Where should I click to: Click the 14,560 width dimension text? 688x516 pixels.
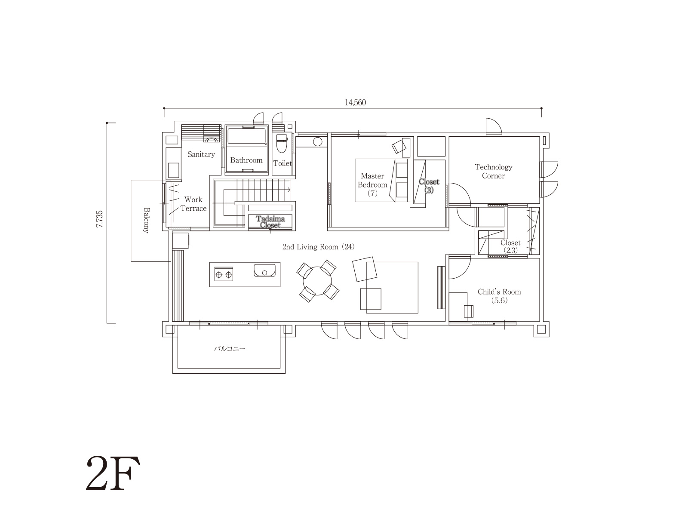pyautogui.click(x=355, y=103)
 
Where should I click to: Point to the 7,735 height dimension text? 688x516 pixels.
pyautogui.click(x=99, y=219)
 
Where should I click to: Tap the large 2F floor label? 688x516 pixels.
pyautogui.click(x=113, y=473)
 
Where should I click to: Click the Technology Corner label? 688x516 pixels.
pyautogui.click(x=493, y=172)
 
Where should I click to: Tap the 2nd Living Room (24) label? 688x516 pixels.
pyautogui.click(x=319, y=247)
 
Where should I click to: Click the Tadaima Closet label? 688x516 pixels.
pyautogui.click(x=270, y=222)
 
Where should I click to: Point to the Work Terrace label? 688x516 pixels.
pyautogui.click(x=193, y=204)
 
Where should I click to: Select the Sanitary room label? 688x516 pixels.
pyautogui.click(x=201, y=154)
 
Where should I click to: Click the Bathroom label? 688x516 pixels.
pyautogui.click(x=246, y=160)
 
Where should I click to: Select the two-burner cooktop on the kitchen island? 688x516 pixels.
pyautogui.click(x=224, y=274)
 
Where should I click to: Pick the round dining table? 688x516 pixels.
pyautogui.click(x=317, y=281)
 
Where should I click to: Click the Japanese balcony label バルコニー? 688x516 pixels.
pyautogui.click(x=230, y=348)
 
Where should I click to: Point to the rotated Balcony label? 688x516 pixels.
pyautogui.click(x=146, y=220)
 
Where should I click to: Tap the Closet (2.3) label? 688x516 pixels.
pyautogui.click(x=510, y=246)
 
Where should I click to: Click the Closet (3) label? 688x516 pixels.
pyautogui.click(x=429, y=186)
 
